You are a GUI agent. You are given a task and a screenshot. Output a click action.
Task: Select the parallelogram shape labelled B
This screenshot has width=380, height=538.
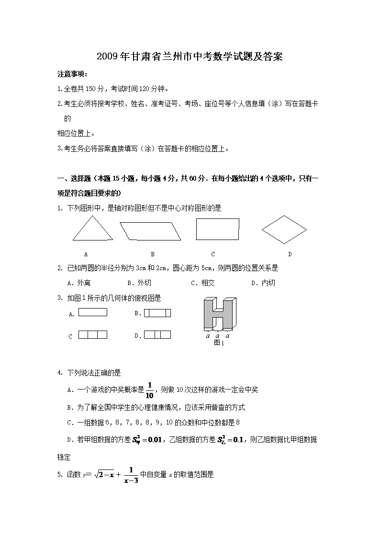pos(150,230)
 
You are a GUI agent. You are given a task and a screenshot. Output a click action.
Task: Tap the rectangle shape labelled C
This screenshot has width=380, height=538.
pos(217,229)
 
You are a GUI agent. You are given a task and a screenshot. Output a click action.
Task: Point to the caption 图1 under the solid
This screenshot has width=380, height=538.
pos(219,343)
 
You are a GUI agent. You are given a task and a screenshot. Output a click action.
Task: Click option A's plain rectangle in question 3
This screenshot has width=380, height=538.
pos(92,312)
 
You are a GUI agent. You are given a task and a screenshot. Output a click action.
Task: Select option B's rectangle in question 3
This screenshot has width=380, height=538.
pos(157,313)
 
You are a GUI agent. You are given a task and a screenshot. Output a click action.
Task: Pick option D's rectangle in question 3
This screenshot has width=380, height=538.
pos(157,335)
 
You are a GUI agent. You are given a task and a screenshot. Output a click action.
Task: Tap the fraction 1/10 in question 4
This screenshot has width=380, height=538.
pos(149,389)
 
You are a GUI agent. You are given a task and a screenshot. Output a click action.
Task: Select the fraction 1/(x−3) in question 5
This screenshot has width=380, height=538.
pos(130,475)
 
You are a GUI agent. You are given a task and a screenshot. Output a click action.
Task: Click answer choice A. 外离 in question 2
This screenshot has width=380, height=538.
pos(79,283)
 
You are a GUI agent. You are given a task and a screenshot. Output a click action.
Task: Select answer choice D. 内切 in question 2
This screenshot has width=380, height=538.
pos(263,283)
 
